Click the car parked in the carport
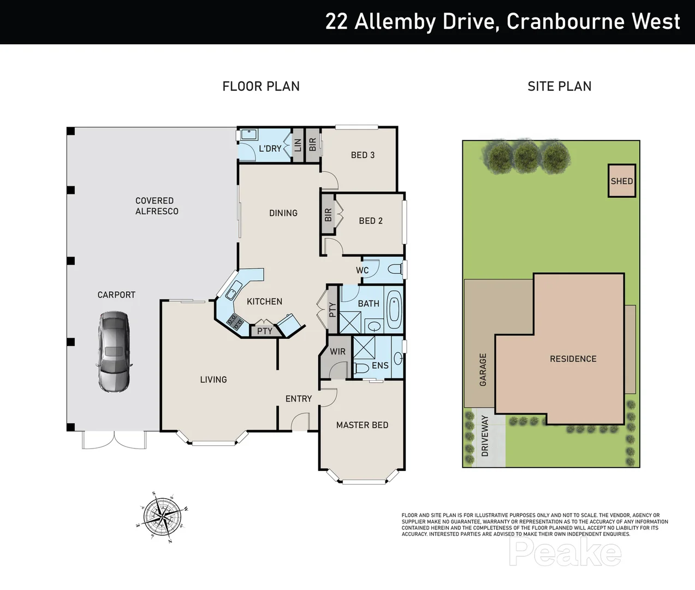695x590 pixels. (x=114, y=351)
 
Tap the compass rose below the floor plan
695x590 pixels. (x=162, y=516)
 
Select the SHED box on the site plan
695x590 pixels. (x=622, y=181)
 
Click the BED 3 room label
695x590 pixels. (x=363, y=155)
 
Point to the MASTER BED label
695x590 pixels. (x=362, y=425)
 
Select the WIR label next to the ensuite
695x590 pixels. (x=337, y=352)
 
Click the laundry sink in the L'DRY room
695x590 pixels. (x=249, y=134)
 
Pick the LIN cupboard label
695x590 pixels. (x=298, y=145)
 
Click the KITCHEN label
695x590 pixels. (x=264, y=302)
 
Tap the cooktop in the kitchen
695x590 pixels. (x=236, y=322)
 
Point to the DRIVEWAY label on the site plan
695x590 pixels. (x=485, y=436)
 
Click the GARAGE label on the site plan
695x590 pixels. (x=483, y=370)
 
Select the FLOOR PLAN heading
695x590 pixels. (x=261, y=86)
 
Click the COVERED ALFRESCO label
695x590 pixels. (x=157, y=206)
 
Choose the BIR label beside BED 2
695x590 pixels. (x=328, y=215)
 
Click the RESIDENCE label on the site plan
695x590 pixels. (x=573, y=359)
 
